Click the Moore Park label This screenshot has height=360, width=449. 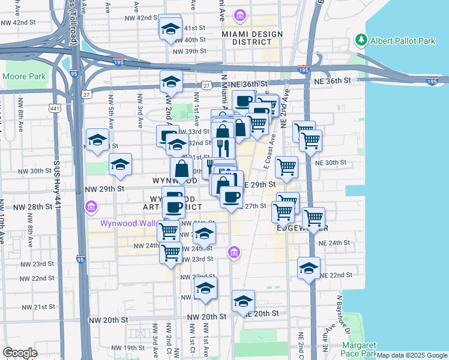(x=24, y=77)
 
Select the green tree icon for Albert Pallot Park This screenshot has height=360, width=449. (x=361, y=40)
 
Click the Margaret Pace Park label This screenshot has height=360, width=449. (x=359, y=349)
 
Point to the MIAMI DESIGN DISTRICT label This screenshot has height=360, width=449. (x=252, y=38)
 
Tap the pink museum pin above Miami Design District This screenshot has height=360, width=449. (x=240, y=14)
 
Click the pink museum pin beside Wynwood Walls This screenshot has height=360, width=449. (x=91, y=208)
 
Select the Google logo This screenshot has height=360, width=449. (x=20, y=353)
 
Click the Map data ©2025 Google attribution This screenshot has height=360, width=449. (x=412, y=355)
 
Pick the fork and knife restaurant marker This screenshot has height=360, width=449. (x=223, y=148)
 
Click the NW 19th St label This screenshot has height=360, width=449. (x=122, y=347)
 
